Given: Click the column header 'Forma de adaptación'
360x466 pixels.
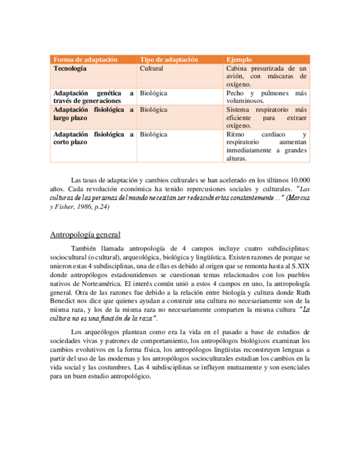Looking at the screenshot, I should [x=85, y=59].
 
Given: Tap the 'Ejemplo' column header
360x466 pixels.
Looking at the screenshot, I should [x=239, y=59].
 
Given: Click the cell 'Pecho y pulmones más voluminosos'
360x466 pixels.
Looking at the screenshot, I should [x=267, y=97].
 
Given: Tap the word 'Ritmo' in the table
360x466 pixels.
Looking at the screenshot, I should [x=236, y=134].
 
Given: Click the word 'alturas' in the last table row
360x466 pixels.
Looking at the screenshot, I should [x=237, y=159].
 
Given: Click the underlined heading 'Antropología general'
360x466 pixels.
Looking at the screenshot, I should [x=85, y=236].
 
